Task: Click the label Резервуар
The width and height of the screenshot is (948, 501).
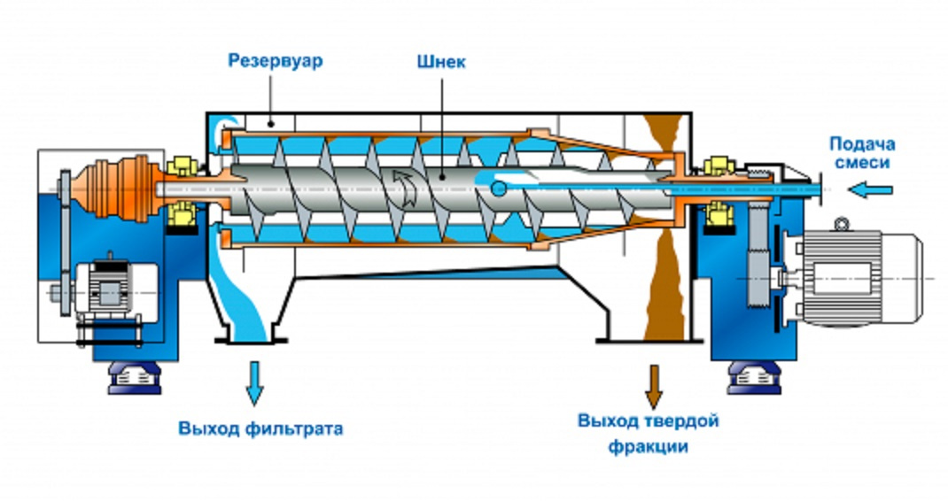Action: coord(276,62)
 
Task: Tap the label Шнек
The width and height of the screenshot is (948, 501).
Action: coord(440,62)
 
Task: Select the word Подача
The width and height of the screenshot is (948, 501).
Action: coord(862,143)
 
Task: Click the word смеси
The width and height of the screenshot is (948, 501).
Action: coord(862,163)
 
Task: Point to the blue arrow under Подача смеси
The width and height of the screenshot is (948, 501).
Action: coord(866,188)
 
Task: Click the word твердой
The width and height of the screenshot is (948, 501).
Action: coord(684,420)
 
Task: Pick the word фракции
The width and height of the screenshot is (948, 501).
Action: coord(648,446)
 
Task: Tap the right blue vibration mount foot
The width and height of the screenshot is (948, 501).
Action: coord(748,378)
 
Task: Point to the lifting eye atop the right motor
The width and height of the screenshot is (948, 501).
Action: coord(840,222)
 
